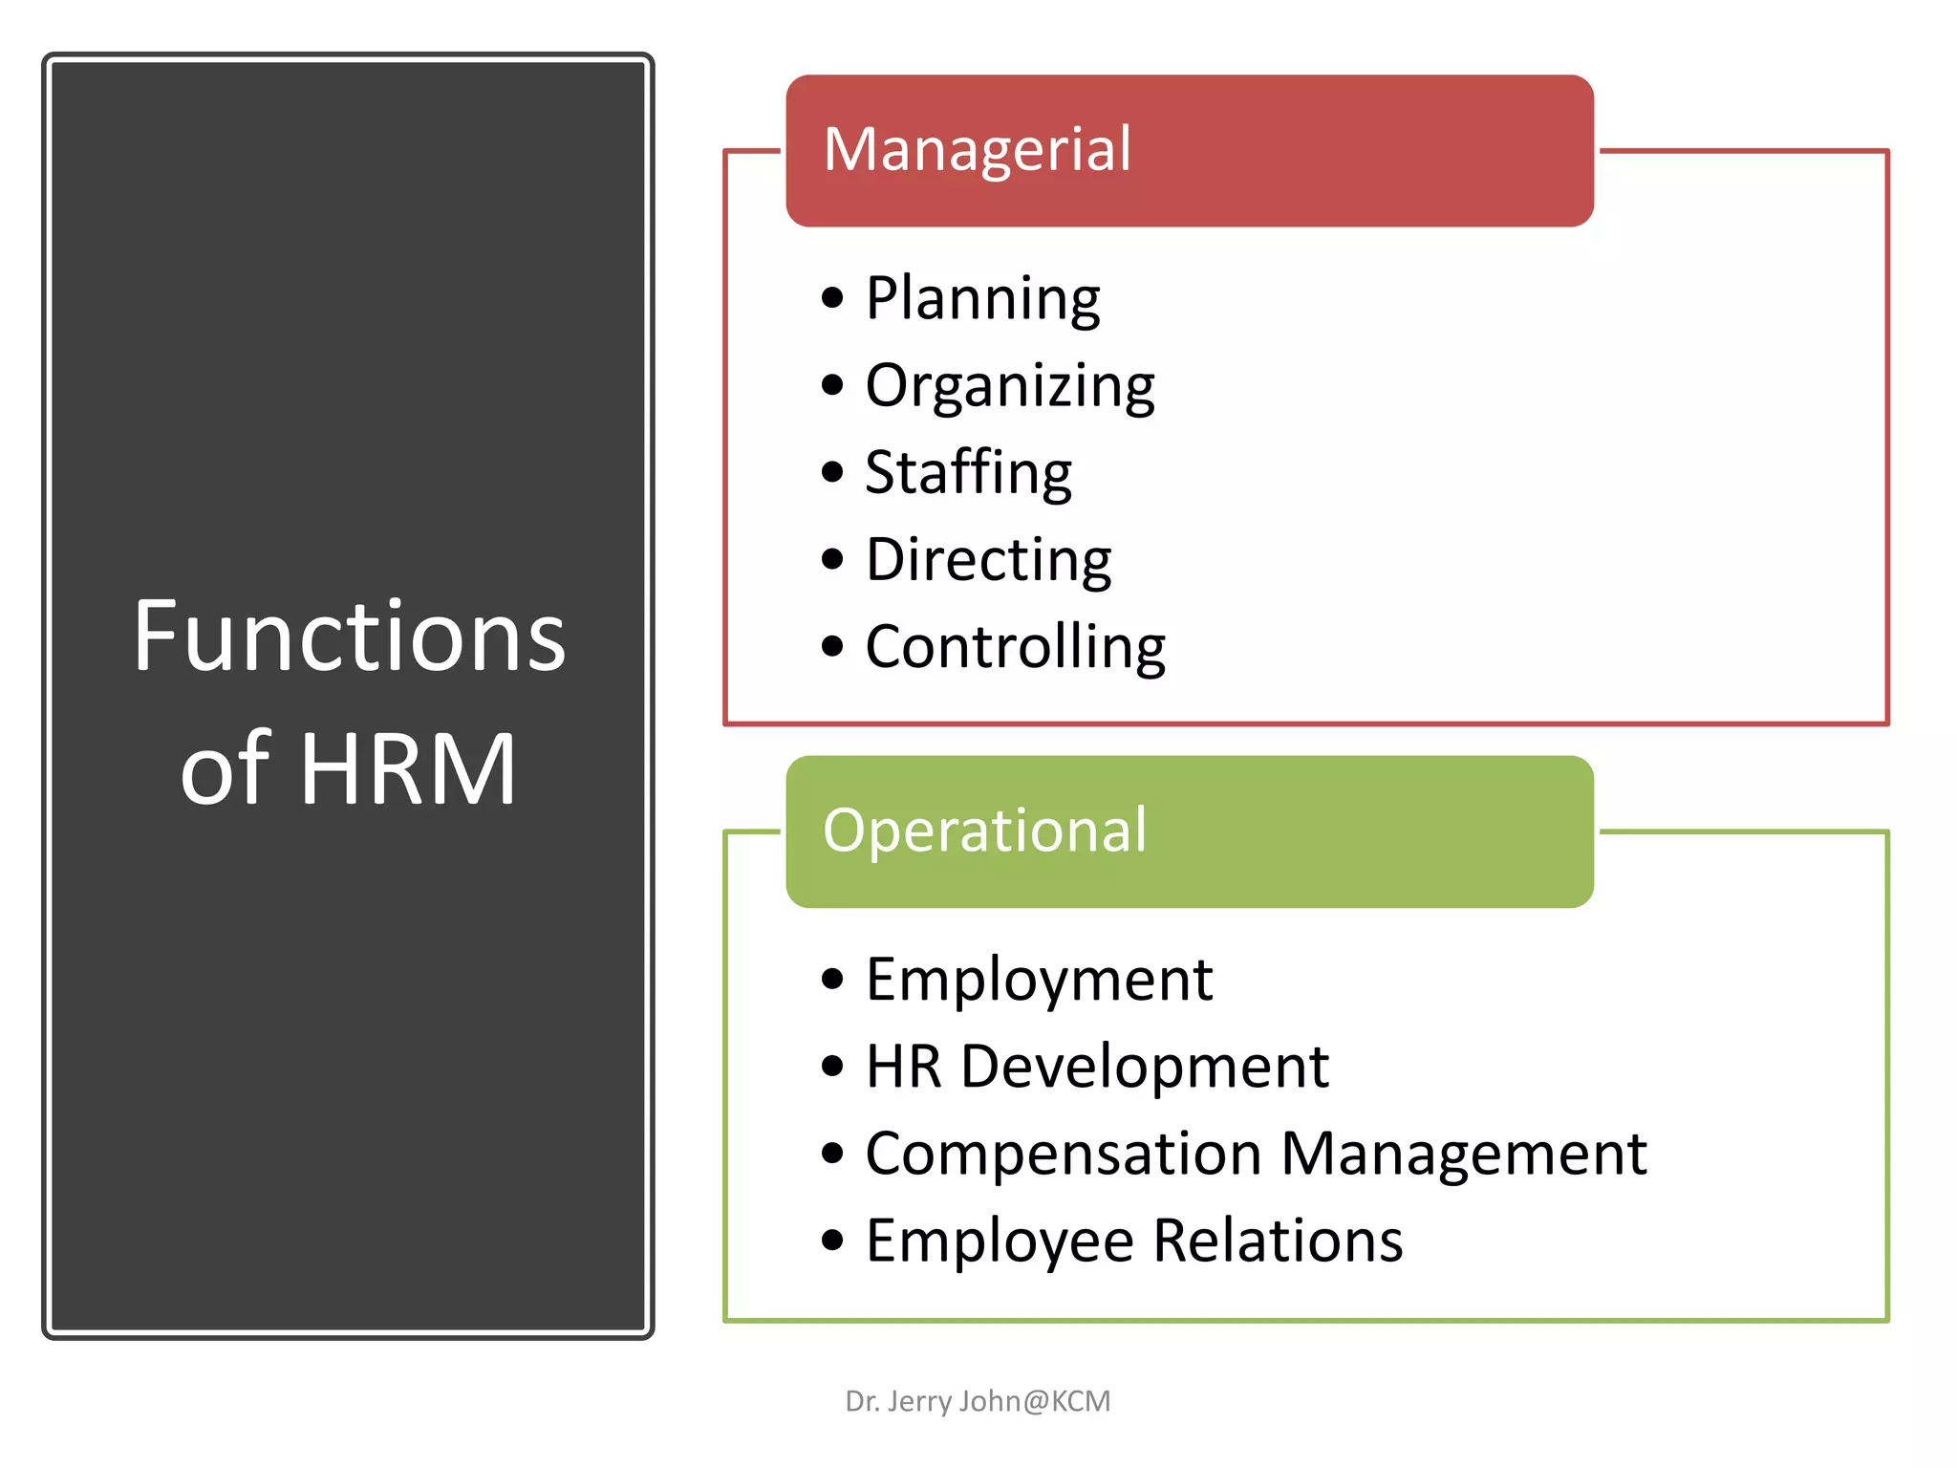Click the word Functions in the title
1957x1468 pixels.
pos(350,637)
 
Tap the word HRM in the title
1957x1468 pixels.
pos(408,769)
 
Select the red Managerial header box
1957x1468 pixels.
pos(1189,151)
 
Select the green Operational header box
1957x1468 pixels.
pos(1189,831)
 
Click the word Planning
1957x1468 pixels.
pos(982,299)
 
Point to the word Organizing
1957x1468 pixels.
pos(1010,387)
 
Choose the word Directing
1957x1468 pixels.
pos(988,560)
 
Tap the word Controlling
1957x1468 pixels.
pos(1015,648)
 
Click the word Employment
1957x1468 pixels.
pos(1039,981)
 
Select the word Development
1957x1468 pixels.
pos(1144,1068)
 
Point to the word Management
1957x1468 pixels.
pos(1464,1154)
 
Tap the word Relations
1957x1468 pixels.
pos(1278,1241)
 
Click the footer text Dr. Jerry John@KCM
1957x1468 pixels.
pos(978,1401)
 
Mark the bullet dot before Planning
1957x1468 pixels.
pos(832,298)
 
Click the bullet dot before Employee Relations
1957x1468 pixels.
pos(832,1241)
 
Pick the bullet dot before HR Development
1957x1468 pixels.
pos(832,1067)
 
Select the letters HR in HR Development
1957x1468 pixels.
pos(903,1067)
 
